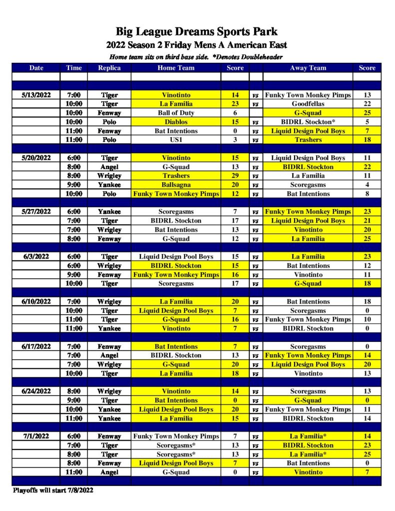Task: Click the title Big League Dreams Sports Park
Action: pyautogui.click(x=197, y=32)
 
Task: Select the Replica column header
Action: pyautogui.click(x=109, y=68)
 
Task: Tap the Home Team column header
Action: pyautogui.click(x=176, y=68)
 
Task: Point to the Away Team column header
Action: pyautogui.click(x=308, y=68)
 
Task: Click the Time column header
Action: pyautogui.click(x=73, y=68)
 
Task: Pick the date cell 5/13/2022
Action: pyautogui.click(x=36, y=95)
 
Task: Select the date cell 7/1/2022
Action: pyautogui.click(x=36, y=436)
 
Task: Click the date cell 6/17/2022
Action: pyautogui.click(x=36, y=346)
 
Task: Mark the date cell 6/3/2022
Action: pyautogui.click(x=36, y=256)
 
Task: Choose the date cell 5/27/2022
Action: pyautogui.click(x=36, y=212)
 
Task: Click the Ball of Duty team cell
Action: pyautogui.click(x=176, y=113)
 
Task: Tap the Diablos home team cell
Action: pyautogui.click(x=176, y=122)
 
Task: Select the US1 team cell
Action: pyautogui.click(x=176, y=140)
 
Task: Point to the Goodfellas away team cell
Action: pyautogui.click(x=308, y=104)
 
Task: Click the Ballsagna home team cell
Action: pyautogui.click(x=176, y=185)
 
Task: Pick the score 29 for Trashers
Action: pyautogui.click(x=235, y=176)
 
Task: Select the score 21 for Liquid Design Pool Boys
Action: pyautogui.click(x=367, y=221)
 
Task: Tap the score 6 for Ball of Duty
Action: pyautogui.click(x=235, y=113)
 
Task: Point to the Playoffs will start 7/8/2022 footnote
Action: pyautogui.click(x=53, y=490)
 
